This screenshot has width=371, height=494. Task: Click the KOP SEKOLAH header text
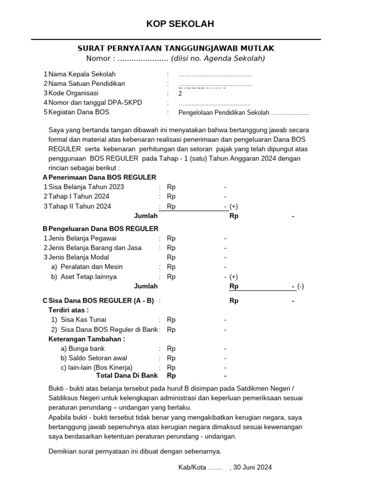(x=180, y=24)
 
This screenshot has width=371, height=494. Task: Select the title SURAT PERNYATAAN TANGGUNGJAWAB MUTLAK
(x=176, y=48)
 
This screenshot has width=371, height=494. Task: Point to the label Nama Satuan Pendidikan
(x=86, y=83)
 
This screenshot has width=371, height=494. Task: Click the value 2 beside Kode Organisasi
(x=180, y=94)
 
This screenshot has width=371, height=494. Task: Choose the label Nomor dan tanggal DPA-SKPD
(x=95, y=103)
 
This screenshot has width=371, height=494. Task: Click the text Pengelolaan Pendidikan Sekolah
(x=224, y=113)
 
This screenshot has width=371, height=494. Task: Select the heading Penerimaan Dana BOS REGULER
(x=102, y=178)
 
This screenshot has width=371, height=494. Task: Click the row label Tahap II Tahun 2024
(x=80, y=206)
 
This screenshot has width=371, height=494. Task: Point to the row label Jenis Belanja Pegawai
(x=82, y=238)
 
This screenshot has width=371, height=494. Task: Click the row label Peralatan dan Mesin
(x=91, y=267)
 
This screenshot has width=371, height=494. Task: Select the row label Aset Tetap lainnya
(x=88, y=277)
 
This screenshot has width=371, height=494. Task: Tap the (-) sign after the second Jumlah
(x=300, y=286)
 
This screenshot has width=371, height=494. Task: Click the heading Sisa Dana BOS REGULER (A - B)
(x=101, y=301)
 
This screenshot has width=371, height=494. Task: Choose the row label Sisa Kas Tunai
(x=83, y=319)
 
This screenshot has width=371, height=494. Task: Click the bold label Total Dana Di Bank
(x=127, y=375)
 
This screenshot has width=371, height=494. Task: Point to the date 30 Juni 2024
(x=252, y=467)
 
